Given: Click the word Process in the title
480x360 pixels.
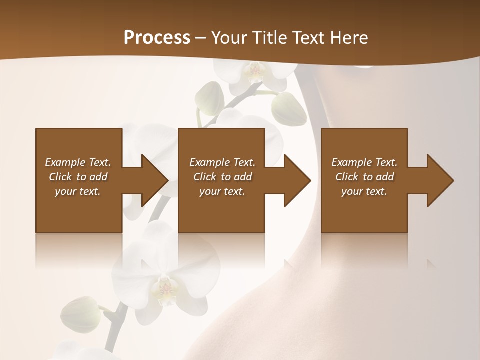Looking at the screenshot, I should click(x=157, y=38).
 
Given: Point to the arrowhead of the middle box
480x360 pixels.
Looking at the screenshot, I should click(x=297, y=180).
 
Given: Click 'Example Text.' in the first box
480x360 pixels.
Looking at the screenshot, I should click(x=78, y=162).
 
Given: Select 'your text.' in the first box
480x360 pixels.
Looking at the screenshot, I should click(x=78, y=191).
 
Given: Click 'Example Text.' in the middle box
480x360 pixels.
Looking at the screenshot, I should click(x=222, y=162).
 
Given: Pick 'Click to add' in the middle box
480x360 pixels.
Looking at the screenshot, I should click(x=222, y=177).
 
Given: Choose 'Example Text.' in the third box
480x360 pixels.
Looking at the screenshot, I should click(x=364, y=162).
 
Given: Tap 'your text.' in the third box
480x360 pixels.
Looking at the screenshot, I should click(x=364, y=191).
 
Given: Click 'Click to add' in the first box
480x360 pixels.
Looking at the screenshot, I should click(x=78, y=177).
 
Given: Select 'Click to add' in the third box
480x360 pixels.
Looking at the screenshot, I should click(x=364, y=177).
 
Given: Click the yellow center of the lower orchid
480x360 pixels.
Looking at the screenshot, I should click(x=165, y=289).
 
